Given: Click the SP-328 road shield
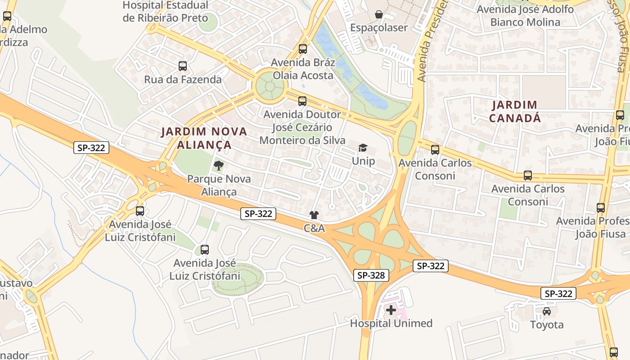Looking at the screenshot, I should pyautogui.click(x=371, y=275).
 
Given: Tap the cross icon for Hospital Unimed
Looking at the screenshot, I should pyautogui.click(x=391, y=310).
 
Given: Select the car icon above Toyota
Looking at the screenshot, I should pyautogui.click(x=546, y=311).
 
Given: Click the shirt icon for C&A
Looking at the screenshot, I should pyautogui.click(x=314, y=215).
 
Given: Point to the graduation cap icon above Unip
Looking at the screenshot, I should pyautogui.click(x=363, y=148).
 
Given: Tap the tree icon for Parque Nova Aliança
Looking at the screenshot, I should pyautogui.click(x=218, y=165).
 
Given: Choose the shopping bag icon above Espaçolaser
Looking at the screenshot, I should pyautogui.click(x=379, y=14).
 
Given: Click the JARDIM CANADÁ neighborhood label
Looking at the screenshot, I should pyautogui.click(x=514, y=112).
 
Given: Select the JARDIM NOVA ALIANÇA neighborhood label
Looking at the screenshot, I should pyautogui.click(x=204, y=138).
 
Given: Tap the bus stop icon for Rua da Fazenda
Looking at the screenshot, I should pyautogui.click(x=182, y=66).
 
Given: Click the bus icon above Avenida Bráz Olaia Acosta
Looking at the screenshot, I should pyautogui.click(x=303, y=49).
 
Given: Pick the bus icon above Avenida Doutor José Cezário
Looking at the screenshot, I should pyautogui.click(x=302, y=101).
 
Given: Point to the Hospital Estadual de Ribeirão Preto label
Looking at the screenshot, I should pyautogui.click(x=165, y=12).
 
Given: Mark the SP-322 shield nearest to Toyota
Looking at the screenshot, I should pyautogui.click(x=558, y=294).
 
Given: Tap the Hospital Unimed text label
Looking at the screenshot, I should pyautogui.click(x=391, y=323).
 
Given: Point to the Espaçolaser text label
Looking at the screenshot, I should pyautogui.click(x=379, y=27).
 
